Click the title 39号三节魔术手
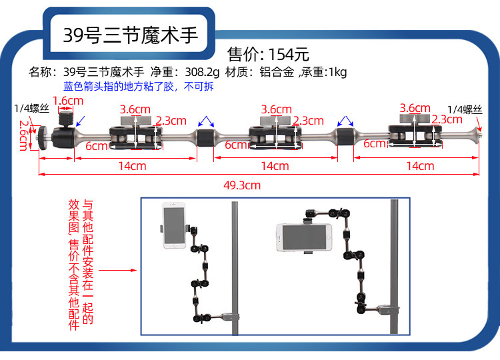click(x=131, y=35)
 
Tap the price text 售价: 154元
click(x=269, y=54)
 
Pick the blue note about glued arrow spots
click(x=139, y=87)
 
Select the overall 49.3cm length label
click(x=242, y=185)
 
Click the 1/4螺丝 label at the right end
click(x=465, y=109)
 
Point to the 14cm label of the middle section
click(x=275, y=166)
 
